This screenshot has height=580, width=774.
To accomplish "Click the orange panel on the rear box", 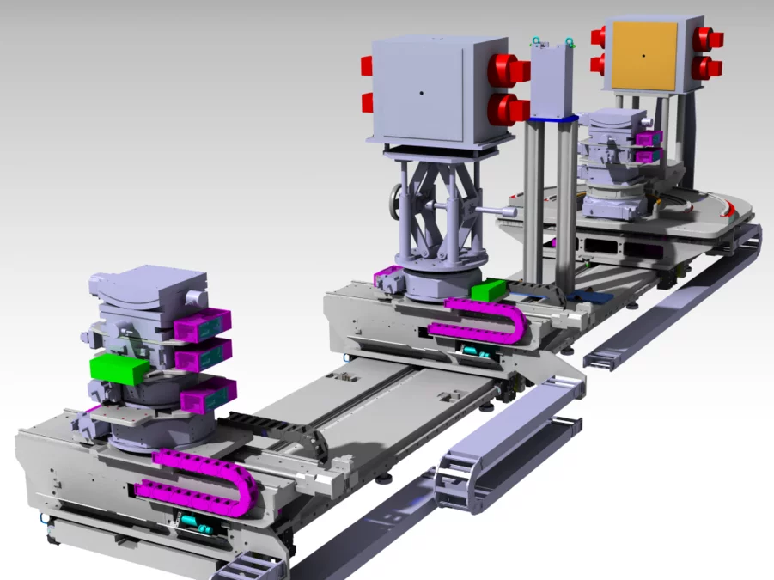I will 643,56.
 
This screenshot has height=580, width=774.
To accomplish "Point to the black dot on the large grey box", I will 421,92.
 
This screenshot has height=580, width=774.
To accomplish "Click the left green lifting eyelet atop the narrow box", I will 537,40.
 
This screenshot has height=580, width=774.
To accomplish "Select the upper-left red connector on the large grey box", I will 366,66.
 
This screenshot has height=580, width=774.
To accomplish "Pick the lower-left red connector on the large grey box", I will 367,103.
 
